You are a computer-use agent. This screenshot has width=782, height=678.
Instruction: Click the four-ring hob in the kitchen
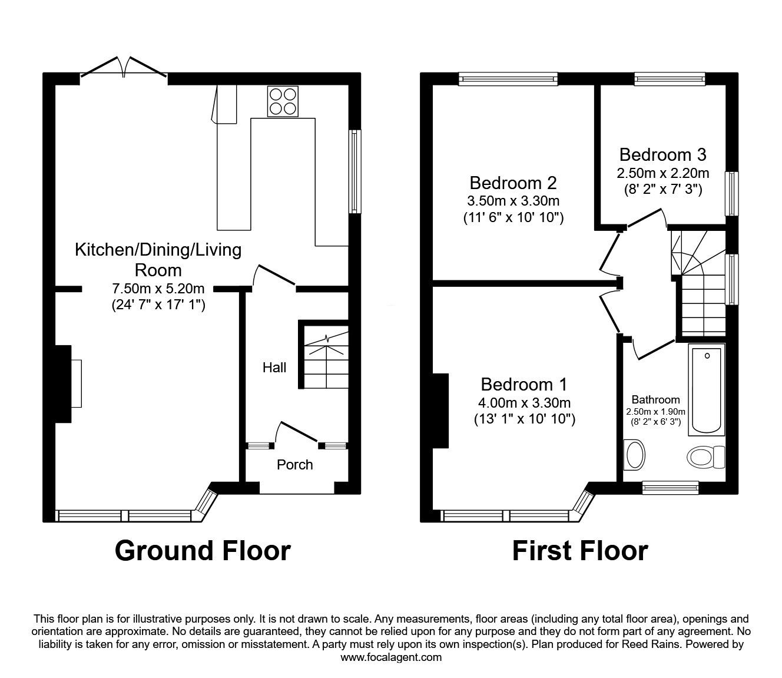click(283, 101)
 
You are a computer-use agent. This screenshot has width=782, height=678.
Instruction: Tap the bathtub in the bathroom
click(707, 390)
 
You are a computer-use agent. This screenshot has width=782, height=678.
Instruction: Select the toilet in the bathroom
click(706, 457)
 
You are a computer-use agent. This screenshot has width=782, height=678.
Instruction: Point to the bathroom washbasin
click(634, 455)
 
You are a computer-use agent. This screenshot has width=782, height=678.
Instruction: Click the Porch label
click(294, 465)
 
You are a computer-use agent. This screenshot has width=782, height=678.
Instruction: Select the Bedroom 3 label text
click(663, 154)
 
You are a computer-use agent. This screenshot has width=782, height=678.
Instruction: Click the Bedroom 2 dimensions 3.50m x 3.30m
click(513, 201)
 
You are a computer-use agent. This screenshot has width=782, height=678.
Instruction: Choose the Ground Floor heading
click(203, 551)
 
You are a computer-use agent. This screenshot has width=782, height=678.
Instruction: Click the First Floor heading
click(580, 551)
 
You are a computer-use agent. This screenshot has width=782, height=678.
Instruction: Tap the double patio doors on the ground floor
click(124, 68)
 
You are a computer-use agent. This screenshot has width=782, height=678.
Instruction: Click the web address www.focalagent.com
click(391, 657)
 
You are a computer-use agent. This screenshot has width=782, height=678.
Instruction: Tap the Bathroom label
click(655, 400)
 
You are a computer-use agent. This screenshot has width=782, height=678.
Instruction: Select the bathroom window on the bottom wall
click(670, 488)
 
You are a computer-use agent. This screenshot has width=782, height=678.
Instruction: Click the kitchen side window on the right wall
click(354, 171)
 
